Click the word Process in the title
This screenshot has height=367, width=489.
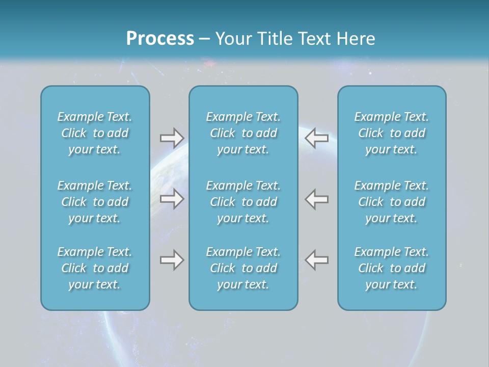[x=160, y=39]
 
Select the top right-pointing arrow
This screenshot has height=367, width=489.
[x=172, y=138]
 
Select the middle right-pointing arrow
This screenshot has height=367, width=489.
[x=172, y=199]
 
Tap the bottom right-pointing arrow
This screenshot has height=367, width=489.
[x=172, y=260]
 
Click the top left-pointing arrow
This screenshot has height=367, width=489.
[x=316, y=138]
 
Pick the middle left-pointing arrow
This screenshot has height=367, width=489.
[x=316, y=199]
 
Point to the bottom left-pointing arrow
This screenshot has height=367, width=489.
[x=316, y=260]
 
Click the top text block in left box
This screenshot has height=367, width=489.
[x=95, y=133]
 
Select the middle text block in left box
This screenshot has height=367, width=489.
[x=95, y=202]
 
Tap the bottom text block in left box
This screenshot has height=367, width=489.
[x=95, y=268]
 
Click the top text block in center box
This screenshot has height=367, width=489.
[x=243, y=133]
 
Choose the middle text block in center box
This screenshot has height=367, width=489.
[x=243, y=202]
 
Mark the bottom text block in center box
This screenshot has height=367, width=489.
[x=243, y=268]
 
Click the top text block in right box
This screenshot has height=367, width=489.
[x=391, y=133]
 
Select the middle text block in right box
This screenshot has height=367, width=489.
[x=391, y=202]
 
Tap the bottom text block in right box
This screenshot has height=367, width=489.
[x=391, y=268]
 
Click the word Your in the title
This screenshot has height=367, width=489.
[x=233, y=39]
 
